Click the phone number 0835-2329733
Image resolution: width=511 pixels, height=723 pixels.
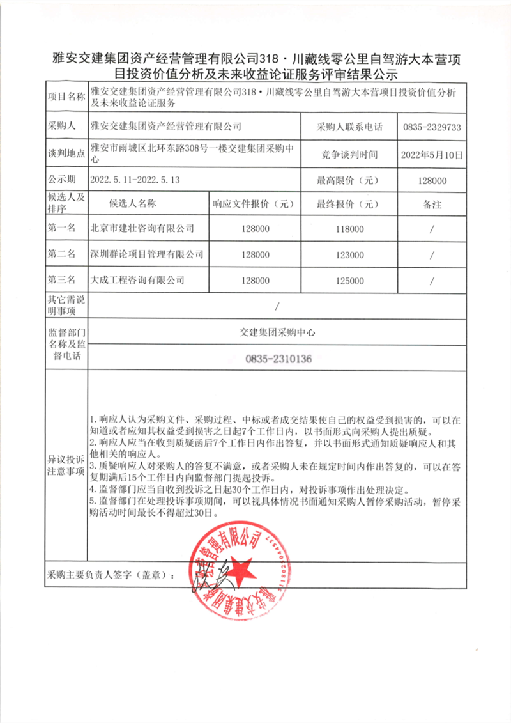(x=432, y=127)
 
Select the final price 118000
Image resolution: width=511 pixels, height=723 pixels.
(x=348, y=229)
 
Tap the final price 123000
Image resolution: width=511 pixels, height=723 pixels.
(x=348, y=254)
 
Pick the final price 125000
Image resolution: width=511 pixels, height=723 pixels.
(x=348, y=280)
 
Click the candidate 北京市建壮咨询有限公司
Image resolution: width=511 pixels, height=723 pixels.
(x=142, y=229)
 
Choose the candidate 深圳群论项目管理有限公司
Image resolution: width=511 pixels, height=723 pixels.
(x=147, y=254)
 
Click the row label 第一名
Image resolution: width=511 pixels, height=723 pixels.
(x=61, y=229)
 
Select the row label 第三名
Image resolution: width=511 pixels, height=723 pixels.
(x=61, y=280)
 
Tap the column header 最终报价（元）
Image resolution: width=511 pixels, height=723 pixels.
(x=348, y=205)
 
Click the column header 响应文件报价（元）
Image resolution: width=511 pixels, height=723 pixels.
(x=254, y=205)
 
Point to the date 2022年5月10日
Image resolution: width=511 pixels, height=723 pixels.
(x=432, y=155)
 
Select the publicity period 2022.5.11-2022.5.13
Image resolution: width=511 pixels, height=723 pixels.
(x=135, y=180)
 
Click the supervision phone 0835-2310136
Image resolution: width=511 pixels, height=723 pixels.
(x=278, y=359)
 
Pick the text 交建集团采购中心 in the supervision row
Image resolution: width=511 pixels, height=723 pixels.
(x=278, y=332)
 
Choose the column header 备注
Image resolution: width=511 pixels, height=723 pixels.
(x=432, y=205)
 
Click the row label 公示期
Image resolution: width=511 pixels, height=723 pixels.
(x=61, y=180)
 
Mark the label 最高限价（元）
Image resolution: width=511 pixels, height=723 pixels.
(x=348, y=180)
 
